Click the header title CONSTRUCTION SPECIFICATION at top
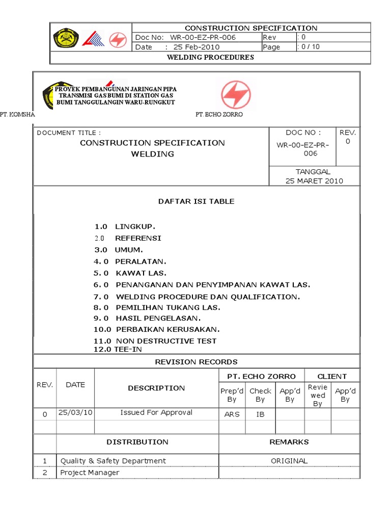click(x=250, y=28)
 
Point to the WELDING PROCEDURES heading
click(x=210, y=57)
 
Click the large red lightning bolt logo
click(x=235, y=95)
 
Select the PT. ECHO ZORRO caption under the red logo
click(x=219, y=115)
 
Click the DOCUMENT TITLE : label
click(x=65, y=133)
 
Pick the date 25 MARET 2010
click(x=314, y=180)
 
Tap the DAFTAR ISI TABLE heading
click(x=196, y=201)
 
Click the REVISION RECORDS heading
click(x=196, y=362)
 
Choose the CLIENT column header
click(x=332, y=376)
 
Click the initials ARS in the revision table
click(x=232, y=414)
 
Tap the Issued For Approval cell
click(x=156, y=412)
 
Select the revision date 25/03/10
click(x=75, y=412)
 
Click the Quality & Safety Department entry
click(x=113, y=461)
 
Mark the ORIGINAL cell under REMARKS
click(x=289, y=461)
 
